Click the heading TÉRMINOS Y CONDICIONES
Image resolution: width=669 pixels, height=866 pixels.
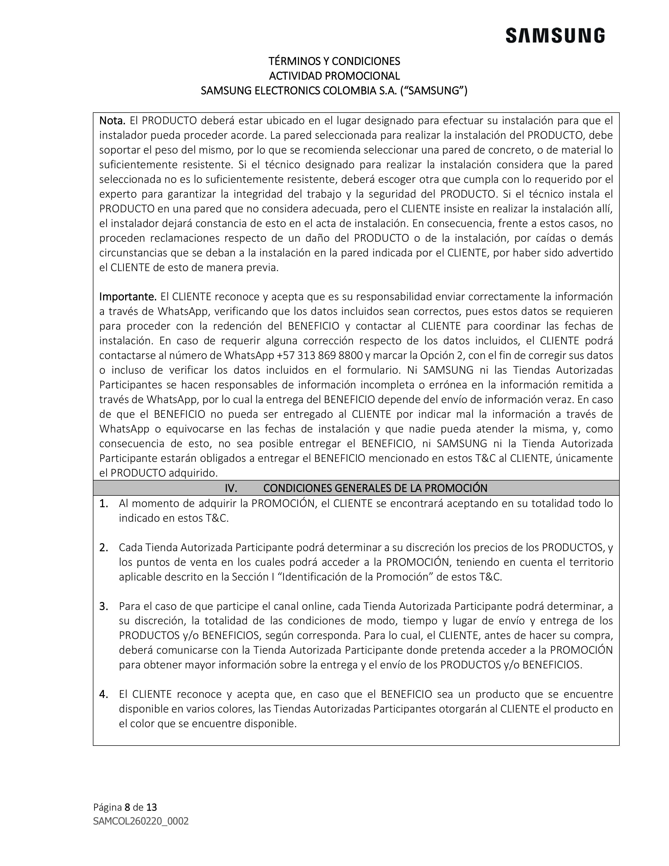click(x=334, y=61)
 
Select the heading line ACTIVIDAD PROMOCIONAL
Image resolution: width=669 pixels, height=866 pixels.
click(x=334, y=76)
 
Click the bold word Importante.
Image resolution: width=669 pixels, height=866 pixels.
click(x=128, y=297)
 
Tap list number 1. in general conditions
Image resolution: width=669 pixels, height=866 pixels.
click(x=104, y=504)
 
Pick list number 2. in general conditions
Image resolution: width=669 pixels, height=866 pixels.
click(x=104, y=548)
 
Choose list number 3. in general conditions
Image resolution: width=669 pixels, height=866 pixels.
click(x=104, y=606)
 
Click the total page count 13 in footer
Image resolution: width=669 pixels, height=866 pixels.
click(x=151, y=807)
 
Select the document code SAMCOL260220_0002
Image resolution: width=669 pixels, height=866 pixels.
click(x=141, y=821)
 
